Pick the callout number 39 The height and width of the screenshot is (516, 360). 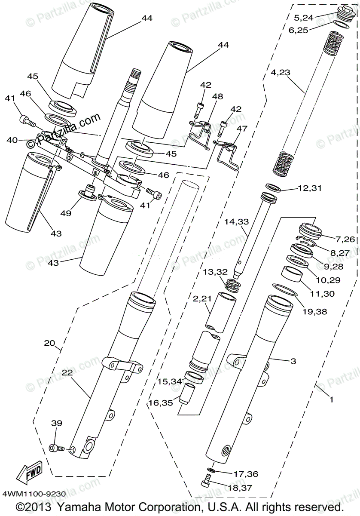57,423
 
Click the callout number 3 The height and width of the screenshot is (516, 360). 293,362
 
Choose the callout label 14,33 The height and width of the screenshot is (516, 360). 236,222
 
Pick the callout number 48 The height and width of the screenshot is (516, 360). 217,96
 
